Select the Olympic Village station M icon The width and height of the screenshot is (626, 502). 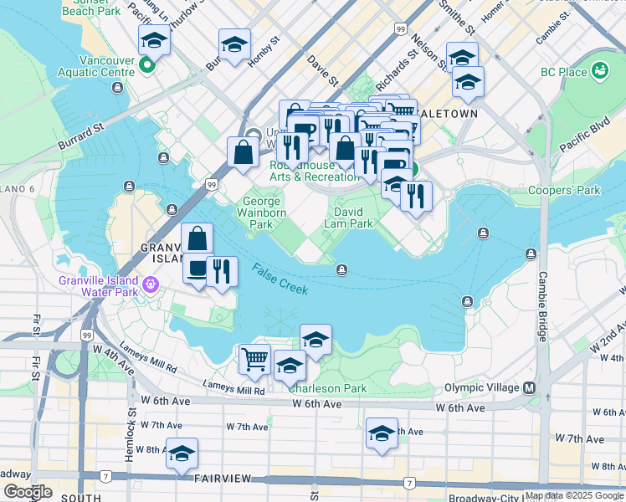(x=530, y=388)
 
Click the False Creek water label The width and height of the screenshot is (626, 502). (x=280, y=278)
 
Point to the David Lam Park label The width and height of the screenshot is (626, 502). (x=349, y=218)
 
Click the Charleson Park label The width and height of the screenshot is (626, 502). (x=327, y=388)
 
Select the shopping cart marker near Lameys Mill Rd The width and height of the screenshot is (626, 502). (x=254, y=360)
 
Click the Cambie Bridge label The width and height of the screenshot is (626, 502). (x=542, y=305)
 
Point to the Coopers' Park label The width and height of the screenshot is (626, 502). (x=564, y=190)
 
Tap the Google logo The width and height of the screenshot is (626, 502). (x=28, y=492)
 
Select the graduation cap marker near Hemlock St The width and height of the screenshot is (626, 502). (x=182, y=453)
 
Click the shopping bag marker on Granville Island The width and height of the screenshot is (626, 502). (x=197, y=238)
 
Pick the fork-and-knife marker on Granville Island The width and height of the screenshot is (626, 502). (x=222, y=272)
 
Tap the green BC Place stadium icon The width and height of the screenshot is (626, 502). (x=598, y=69)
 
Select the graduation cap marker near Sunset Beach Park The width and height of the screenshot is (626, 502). (x=154, y=39)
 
